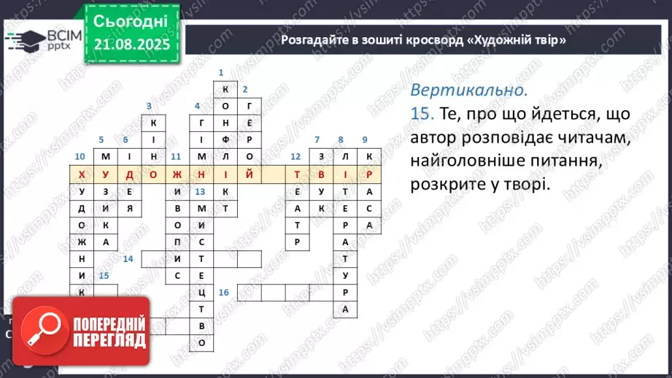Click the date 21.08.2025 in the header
131,44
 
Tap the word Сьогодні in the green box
131,19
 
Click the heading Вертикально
468,91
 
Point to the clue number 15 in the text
422,115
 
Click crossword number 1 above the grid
221,72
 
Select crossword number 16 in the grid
223,292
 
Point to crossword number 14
128,258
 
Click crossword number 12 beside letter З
296,156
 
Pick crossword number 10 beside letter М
80,156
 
